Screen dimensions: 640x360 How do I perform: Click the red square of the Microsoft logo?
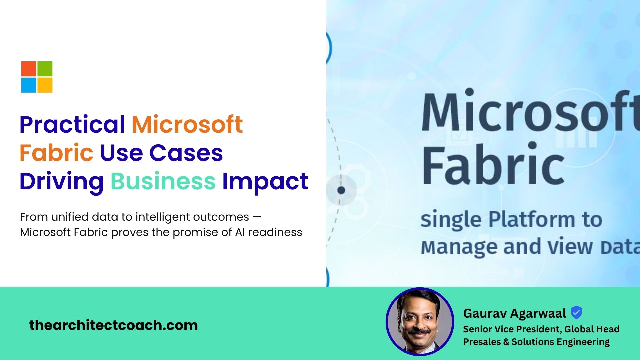click(x=29, y=69)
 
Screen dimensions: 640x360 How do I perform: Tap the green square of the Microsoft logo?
click(x=45, y=69)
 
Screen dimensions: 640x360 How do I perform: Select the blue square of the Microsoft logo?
click(x=29, y=85)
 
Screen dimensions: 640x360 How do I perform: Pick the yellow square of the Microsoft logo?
click(x=45, y=85)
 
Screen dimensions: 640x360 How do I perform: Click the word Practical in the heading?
click(x=72, y=124)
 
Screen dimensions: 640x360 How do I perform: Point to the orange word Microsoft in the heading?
click(x=187, y=124)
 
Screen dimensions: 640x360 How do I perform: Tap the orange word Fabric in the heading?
click(x=56, y=153)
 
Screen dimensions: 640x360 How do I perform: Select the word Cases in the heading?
click(x=186, y=153)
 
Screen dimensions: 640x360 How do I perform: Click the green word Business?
click(x=163, y=181)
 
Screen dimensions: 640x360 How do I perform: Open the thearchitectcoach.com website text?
click(x=114, y=325)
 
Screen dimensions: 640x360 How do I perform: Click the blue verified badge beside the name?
click(x=576, y=312)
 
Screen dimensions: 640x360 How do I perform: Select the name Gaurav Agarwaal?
click(x=514, y=313)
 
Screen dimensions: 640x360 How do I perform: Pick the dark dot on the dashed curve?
click(x=341, y=190)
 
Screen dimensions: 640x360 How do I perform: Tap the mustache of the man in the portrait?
click(x=420, y=331)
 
